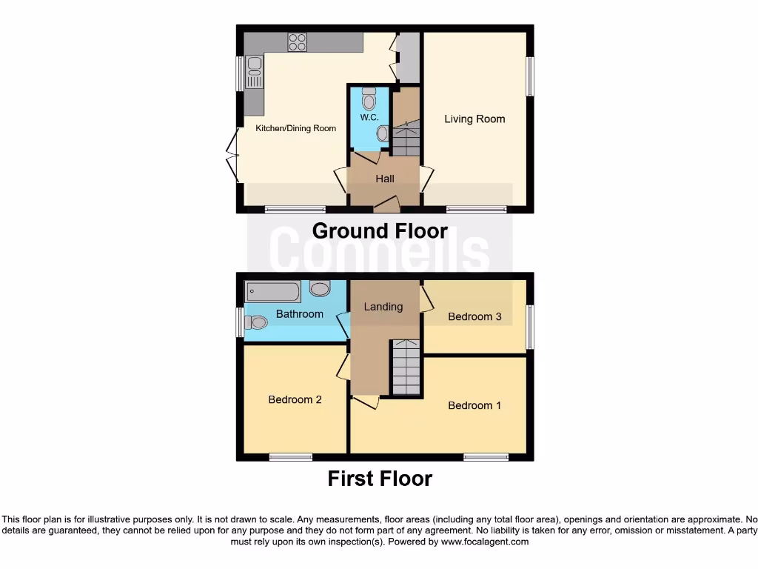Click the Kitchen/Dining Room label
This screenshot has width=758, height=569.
click(295, 128)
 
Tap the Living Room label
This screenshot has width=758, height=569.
click(474, 119)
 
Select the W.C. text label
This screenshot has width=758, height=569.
click(369, 119)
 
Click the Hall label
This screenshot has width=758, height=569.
click(385, 179)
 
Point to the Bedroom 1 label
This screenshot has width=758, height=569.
click(474, 405)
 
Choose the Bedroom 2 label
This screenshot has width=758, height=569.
click(295, 399)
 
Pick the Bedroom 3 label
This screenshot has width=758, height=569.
click(474, 316)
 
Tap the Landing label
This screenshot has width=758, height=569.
click(383, 307)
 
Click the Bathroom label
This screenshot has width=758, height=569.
click(299, 314)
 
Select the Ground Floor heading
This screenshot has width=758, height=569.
click(380, 231)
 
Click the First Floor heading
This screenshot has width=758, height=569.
click(380, 479)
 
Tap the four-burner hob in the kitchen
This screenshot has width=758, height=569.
click(298, 43)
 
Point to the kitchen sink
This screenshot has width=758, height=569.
click(254, 74)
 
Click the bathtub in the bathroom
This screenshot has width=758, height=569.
click(273, 292)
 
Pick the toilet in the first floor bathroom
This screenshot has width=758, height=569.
click(257, 322)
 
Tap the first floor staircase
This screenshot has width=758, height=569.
click(406, 367)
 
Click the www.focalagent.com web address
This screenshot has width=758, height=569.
click(485, 542)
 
